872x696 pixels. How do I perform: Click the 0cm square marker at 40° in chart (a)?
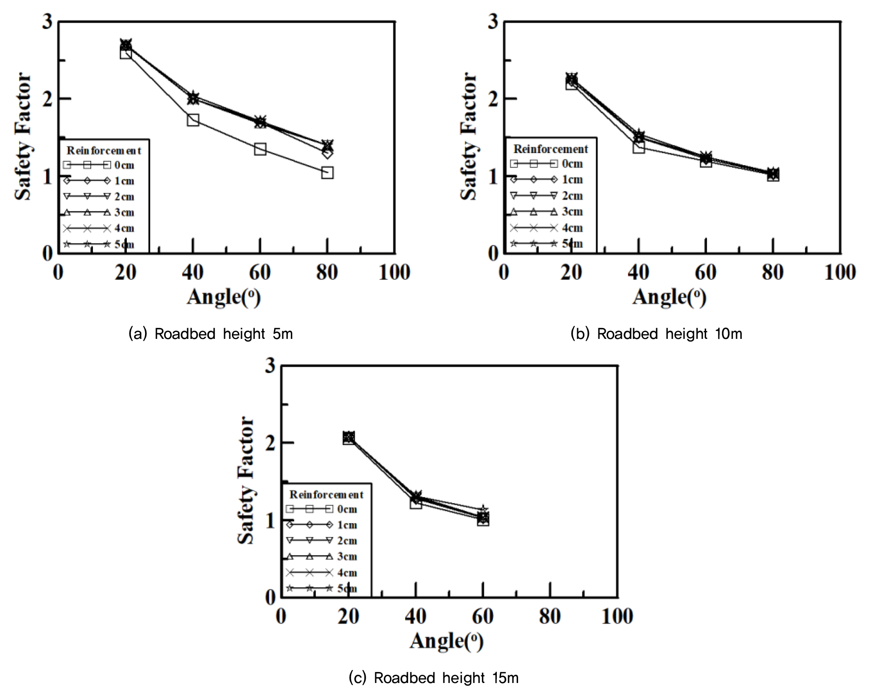pos(193,120)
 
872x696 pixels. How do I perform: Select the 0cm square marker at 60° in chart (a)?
pos(260,149)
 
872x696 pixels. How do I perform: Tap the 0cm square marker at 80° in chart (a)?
pos(327,173)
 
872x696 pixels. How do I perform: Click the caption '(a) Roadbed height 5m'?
pos(211,334)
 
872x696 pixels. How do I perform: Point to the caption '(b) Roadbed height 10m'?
pos(656,334)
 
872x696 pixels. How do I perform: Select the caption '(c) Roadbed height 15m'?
pos(433,678)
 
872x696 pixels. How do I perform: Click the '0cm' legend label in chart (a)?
pos(124,165)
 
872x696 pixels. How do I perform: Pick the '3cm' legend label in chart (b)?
pos(572,212)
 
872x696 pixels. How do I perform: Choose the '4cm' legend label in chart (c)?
pos(347,573)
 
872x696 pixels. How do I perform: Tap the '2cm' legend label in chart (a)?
pos(124,197)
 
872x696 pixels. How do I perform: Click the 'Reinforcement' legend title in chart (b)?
pos(551,149)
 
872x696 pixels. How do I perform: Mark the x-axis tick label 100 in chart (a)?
pos(394,273)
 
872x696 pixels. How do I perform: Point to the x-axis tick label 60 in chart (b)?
pos(705,273)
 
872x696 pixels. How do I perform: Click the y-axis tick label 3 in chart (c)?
pos(270,366)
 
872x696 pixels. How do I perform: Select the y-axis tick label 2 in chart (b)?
pos(493,99)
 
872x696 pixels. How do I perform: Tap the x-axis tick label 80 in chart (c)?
pos(550,617)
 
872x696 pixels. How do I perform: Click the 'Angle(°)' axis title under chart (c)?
pos(446,641)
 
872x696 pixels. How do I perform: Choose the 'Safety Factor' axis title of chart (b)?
pos(469,136)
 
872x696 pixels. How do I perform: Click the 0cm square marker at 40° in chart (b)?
pos(638,147)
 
